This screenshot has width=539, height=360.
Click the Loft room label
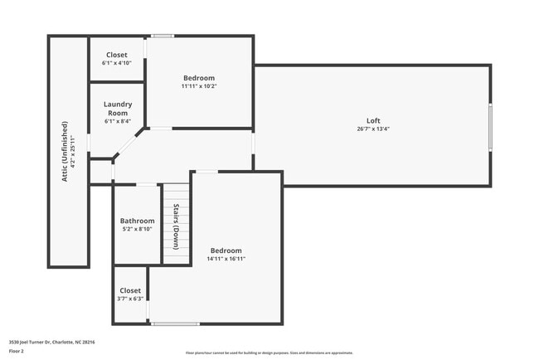[373, 120]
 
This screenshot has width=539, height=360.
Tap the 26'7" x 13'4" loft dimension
[373, 129]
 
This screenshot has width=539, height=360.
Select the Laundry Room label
[116, 108]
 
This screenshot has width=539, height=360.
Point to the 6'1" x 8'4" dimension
[116, 121]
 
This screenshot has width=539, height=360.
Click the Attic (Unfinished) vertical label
[64, 145]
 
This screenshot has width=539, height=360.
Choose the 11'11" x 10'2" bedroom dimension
[199, 85]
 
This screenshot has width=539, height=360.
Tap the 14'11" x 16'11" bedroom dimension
[226, 259]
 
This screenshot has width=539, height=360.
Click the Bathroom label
[137, 221]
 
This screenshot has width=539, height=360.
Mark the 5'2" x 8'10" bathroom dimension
[137, 230]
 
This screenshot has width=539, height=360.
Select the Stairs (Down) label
[176, 226]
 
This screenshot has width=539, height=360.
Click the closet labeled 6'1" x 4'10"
[116, 55]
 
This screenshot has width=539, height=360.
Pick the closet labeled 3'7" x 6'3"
[129, 291]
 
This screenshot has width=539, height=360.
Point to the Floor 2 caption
[16, 351]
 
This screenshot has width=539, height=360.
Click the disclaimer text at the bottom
[269, 353]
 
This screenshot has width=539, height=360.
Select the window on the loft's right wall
[489, 124]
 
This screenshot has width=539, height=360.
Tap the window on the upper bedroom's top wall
[162, 36]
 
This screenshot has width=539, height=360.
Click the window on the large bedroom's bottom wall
[175, 324]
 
